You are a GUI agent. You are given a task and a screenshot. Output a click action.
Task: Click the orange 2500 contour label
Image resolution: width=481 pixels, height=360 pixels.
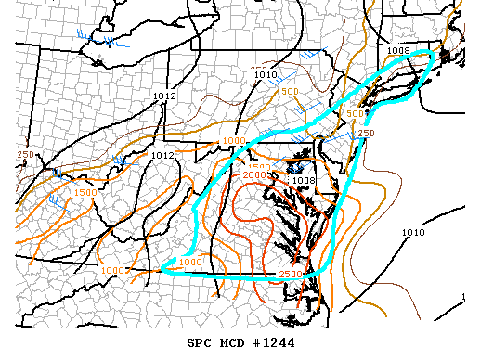coord(291,274)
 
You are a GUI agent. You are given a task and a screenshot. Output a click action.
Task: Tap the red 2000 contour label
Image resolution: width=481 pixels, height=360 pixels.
coord(255,175)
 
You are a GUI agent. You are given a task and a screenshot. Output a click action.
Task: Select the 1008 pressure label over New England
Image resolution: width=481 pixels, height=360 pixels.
coord(399,51)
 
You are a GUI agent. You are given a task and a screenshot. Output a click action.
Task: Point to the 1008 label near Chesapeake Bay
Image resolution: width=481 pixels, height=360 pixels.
coord(305,180)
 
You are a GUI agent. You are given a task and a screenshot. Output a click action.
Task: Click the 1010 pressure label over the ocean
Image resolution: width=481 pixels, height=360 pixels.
coord(414,232)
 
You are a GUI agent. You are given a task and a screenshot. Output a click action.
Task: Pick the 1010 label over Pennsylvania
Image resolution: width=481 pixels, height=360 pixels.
coord(266,74)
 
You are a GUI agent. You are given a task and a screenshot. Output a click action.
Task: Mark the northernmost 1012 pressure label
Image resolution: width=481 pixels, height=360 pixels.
coord(165,96)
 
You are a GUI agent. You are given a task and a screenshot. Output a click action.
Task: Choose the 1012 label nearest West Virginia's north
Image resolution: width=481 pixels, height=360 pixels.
coord(162,155)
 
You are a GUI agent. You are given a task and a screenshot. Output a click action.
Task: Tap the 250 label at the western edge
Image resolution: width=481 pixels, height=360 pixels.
coord(25,155)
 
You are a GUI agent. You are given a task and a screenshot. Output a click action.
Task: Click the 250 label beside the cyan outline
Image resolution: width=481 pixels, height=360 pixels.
coord(366,134)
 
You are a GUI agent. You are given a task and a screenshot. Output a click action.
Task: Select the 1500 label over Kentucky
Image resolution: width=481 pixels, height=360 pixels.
coord(84,192)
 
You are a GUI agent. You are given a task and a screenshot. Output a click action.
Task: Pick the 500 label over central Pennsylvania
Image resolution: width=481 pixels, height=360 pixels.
coord(290,92)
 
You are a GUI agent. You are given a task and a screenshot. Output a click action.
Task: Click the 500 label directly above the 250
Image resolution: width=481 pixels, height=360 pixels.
coord(354,113)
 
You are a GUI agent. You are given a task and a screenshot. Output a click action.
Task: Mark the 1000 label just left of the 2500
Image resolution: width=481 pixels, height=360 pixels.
coord(190,263)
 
